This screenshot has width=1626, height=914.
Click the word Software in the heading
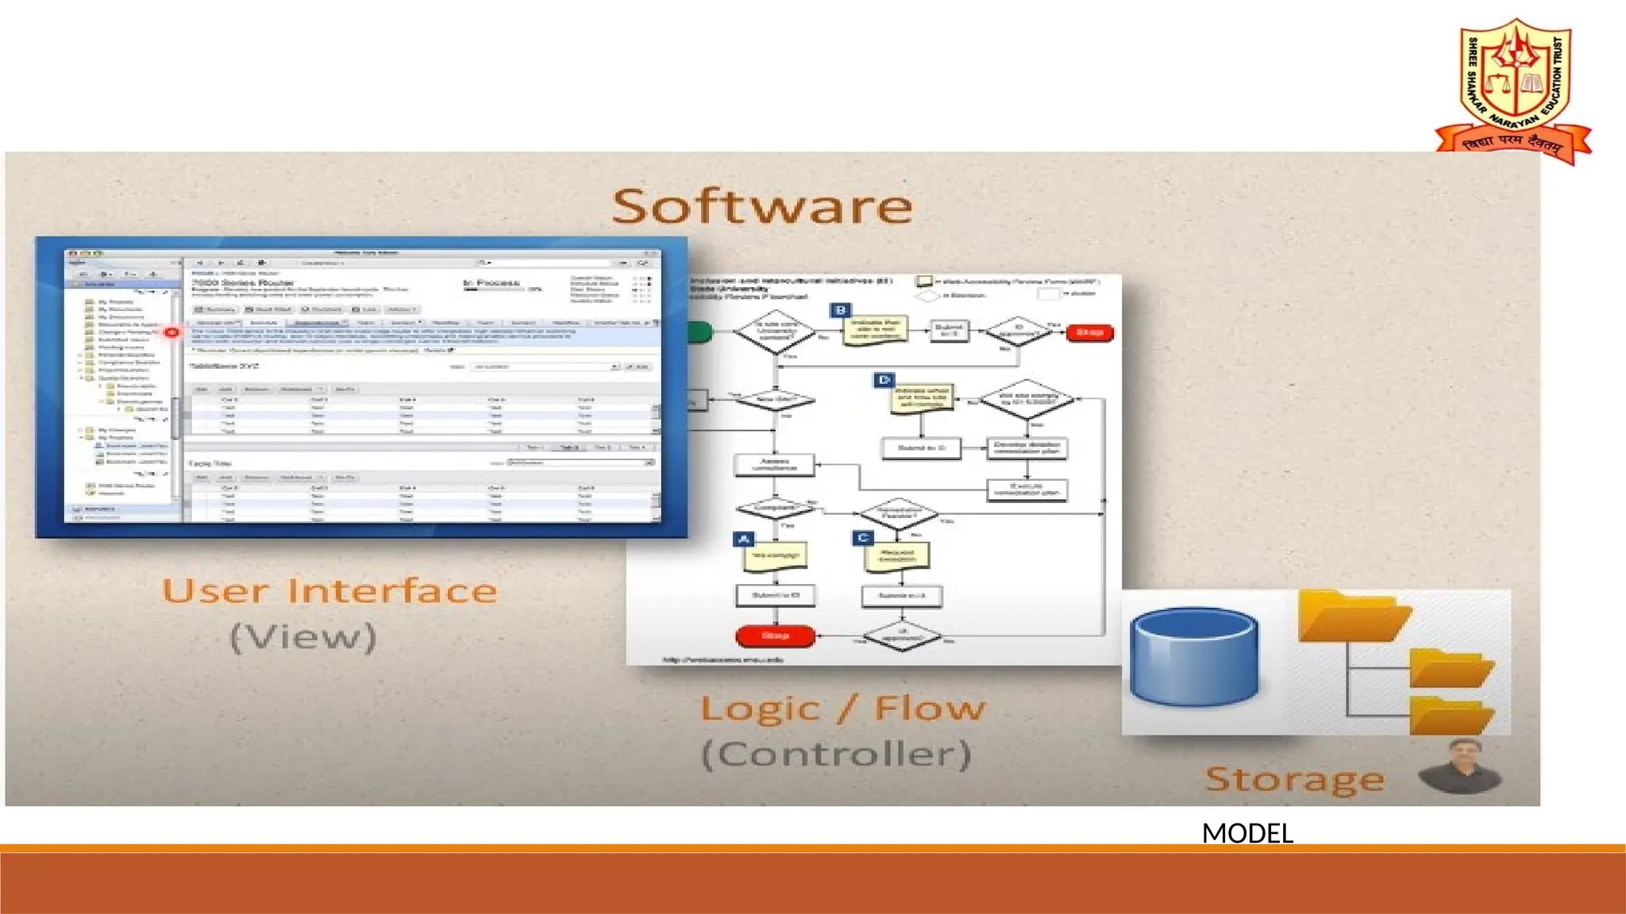point(762,206)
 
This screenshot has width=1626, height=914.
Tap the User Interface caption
point(329,591)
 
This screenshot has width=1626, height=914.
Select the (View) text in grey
point(303,637)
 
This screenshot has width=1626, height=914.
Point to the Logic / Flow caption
point(842,708)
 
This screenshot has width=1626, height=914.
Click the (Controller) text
point(837,754)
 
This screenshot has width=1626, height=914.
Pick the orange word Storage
point(1295,779)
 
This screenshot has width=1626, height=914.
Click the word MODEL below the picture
point(1247,833)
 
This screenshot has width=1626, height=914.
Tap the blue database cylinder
point(1194,657)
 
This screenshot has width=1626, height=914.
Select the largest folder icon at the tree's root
point(1353,617)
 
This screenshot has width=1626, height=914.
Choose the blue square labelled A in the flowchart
point(743,540)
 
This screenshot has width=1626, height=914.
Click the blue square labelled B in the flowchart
point(840,310)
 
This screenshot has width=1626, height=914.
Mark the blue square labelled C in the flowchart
point(863,538)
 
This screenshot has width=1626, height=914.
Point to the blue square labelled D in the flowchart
point(884,380)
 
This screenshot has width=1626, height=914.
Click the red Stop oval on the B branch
point(1089,332)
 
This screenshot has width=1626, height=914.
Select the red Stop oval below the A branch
point(775,636)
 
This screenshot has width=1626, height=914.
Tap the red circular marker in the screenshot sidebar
point(171,332)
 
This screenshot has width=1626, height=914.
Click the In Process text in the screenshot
point(491,282)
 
